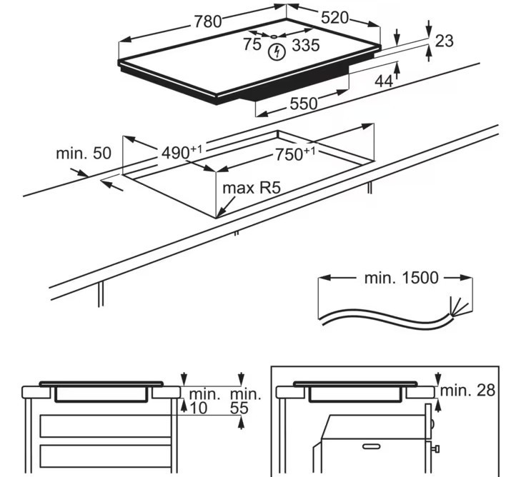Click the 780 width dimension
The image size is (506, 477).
click(207, 21)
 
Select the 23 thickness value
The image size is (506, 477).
click(444, 41)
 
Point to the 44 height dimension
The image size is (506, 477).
click(384, 81)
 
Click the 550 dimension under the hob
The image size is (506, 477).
click(303, 104)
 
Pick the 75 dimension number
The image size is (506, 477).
click(252, 44)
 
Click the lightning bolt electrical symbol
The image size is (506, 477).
click(276, 52)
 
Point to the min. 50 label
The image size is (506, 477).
click(84, 153)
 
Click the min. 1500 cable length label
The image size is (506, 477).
click(401, 278)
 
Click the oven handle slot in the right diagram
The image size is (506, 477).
click(372, 446)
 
